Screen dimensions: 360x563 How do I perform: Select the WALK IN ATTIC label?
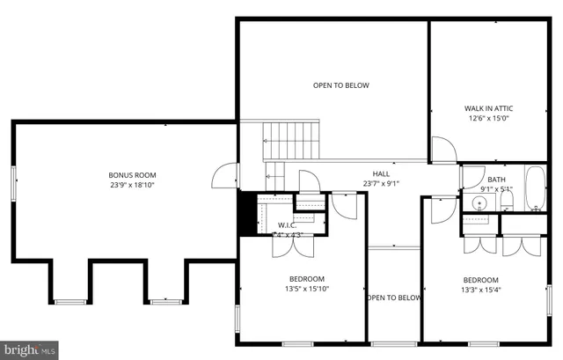click(488, 108)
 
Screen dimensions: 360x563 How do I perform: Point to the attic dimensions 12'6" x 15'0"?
click(488, 119)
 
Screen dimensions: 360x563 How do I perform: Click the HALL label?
click(381, 173)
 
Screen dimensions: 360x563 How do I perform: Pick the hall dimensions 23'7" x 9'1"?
click(381, 184)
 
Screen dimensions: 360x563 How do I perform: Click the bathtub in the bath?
click(534, 187)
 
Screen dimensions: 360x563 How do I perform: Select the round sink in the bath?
click(479, 203)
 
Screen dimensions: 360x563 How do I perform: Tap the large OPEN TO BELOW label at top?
click(341, 85)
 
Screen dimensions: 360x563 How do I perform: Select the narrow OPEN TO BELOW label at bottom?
click(394, 298)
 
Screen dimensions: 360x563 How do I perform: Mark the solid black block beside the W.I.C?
click(246, 213)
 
